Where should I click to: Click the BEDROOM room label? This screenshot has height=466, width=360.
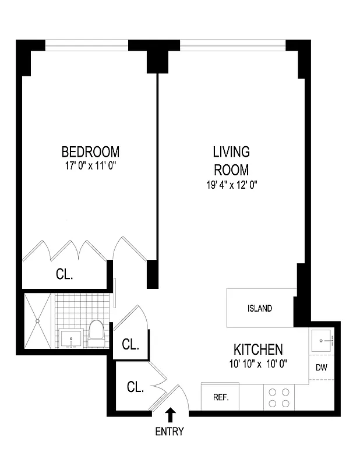[90, 152]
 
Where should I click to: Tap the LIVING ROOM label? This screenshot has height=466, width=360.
[231, 161]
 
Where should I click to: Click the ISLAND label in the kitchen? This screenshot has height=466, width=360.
[259, 309]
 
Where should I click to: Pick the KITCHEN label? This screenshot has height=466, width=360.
[258, 349]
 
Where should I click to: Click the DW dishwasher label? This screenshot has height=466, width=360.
[321, 368]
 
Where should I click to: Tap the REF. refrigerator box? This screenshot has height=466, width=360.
[220, 398]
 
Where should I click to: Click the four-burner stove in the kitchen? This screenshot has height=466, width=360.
[278, 398]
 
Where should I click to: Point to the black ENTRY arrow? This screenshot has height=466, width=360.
[170, 415]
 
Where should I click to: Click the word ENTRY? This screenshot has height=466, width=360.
[170, 432]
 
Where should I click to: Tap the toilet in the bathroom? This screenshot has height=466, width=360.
[96, 331]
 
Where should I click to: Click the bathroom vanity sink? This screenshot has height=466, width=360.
[72, 338]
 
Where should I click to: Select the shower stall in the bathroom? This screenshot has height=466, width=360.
[38, 321]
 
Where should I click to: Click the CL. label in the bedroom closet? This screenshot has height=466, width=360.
[64, 274]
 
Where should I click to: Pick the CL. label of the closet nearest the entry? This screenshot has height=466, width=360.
[135, 387]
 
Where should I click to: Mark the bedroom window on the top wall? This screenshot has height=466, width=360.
[86, 44]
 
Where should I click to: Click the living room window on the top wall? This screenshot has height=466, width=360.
[232, 44]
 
